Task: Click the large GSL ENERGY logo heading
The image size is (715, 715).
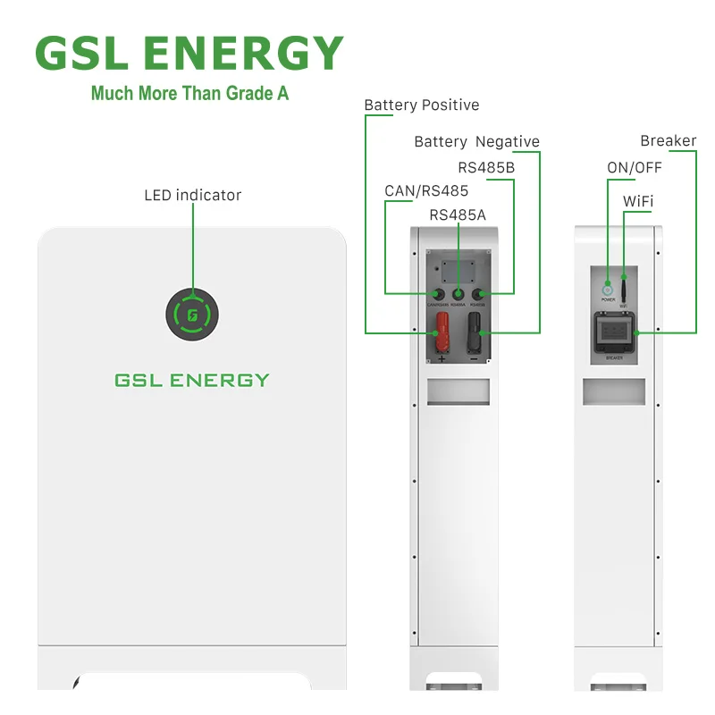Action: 189,53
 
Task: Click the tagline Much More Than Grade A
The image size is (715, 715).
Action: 189,93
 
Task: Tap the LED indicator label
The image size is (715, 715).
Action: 192,195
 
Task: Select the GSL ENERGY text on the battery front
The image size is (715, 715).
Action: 191,380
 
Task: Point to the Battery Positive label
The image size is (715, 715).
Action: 421,105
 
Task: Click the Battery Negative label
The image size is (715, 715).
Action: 476,142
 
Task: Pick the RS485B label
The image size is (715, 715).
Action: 485,166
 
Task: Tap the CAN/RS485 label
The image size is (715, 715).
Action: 426,190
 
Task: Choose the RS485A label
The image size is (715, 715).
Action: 458,214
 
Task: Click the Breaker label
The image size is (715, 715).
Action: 668,141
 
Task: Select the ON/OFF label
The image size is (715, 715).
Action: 635,167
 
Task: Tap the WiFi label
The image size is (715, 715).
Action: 638,202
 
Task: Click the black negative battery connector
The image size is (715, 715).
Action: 474,333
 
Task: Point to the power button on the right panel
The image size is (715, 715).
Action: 608,289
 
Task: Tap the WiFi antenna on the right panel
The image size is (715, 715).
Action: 624,288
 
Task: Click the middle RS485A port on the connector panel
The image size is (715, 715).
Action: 458,294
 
